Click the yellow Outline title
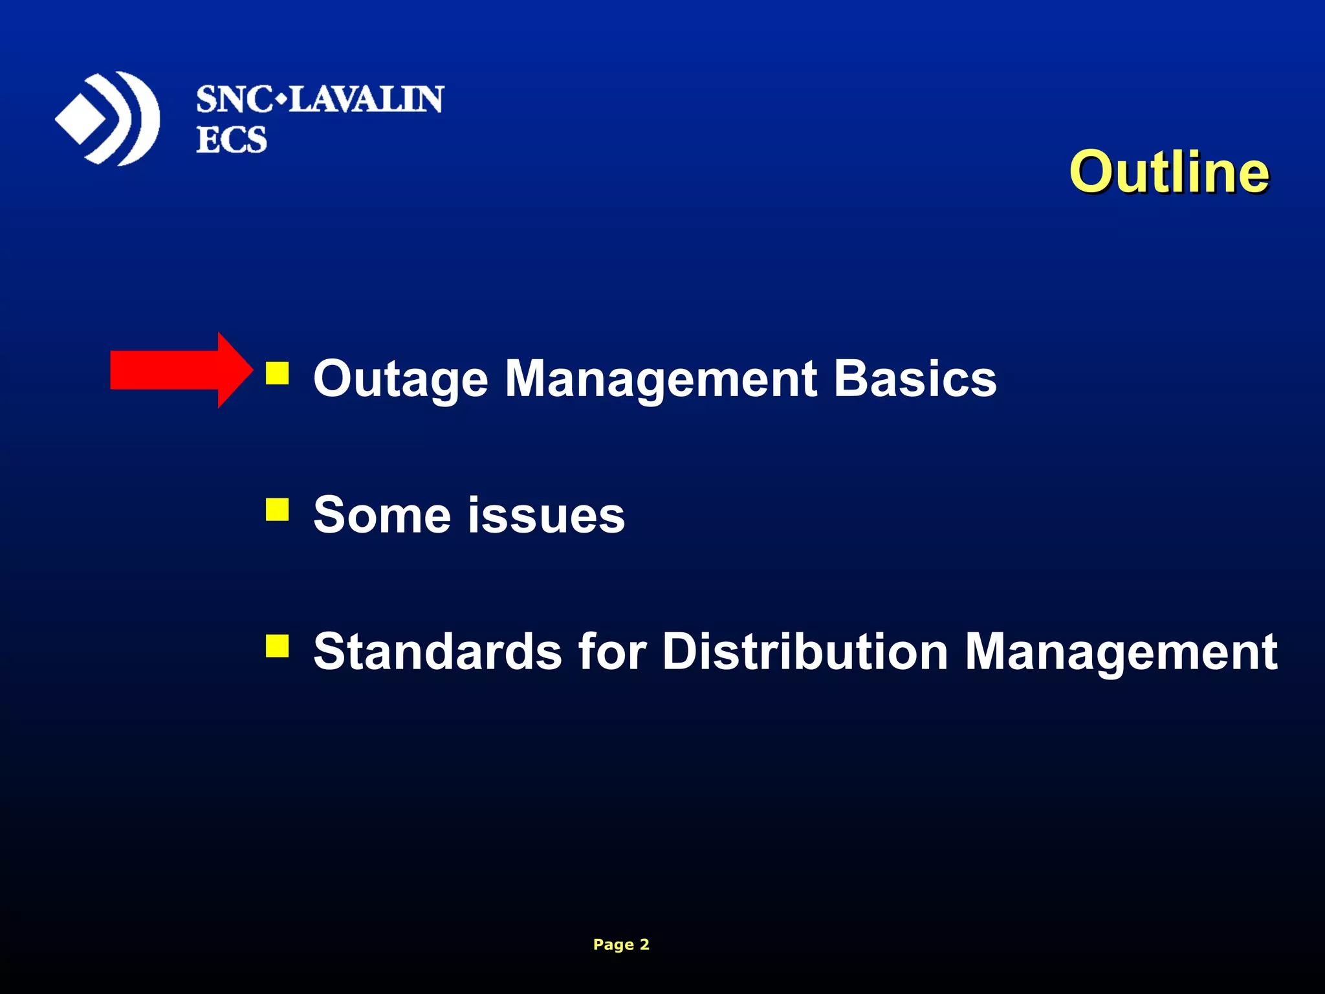[x=1168, y=172]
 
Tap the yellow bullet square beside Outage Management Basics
[x=277, y=373]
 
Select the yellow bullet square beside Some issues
[x=277, y=509]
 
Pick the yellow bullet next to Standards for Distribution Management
[x=277, y=645]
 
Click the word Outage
[x=400, y=379]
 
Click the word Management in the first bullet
[x=661, y=379]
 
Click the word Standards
[x=437, y=651]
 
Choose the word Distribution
[x=805, y=651]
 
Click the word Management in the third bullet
[x=1121, y=652]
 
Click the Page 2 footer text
[x=620, y=944]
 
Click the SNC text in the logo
[x=234, y=100]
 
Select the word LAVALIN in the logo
[x=366, y=100]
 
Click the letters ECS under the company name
[x=232, y=140]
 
